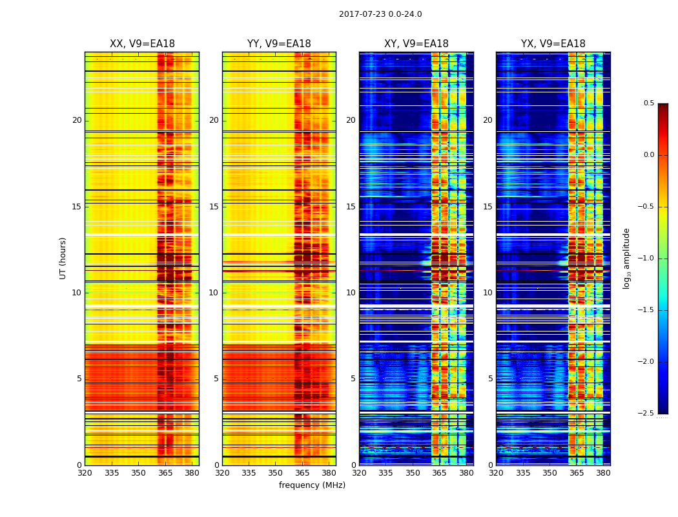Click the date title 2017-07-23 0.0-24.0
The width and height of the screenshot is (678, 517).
pyautogui.click(x=380, y=14)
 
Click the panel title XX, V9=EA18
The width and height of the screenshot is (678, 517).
pyautogui.click(x=142, y=44)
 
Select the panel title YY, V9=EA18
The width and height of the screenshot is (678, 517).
pyautogui.click(x=279, y=44)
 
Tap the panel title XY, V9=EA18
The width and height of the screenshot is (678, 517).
pyautogui.click(x=416, y=44)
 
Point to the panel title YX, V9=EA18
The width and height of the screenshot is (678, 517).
pyautogui.click(x=553, y=44)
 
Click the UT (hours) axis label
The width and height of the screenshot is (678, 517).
pyautogui.click(x=63, y=258)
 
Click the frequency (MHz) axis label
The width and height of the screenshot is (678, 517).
pyautogui.click(x=312, y=485)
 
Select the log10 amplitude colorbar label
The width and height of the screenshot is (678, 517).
pyautogui.click(x=626, y=258)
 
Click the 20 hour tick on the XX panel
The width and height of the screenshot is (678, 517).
pyautogui.click(x=77, y=120)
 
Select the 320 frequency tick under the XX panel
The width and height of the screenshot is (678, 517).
pyautogui.click(x=85, y=473)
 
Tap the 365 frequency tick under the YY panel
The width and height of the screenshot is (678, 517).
pyautogui.click(x=303, y=473)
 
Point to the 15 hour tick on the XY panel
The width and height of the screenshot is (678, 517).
pyautogui.click(x=351, y=207)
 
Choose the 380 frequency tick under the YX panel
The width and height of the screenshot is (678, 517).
pyautogui.click(x=603, y=473)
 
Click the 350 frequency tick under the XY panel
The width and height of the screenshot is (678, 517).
pyautogui.click(x=413, y=473)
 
